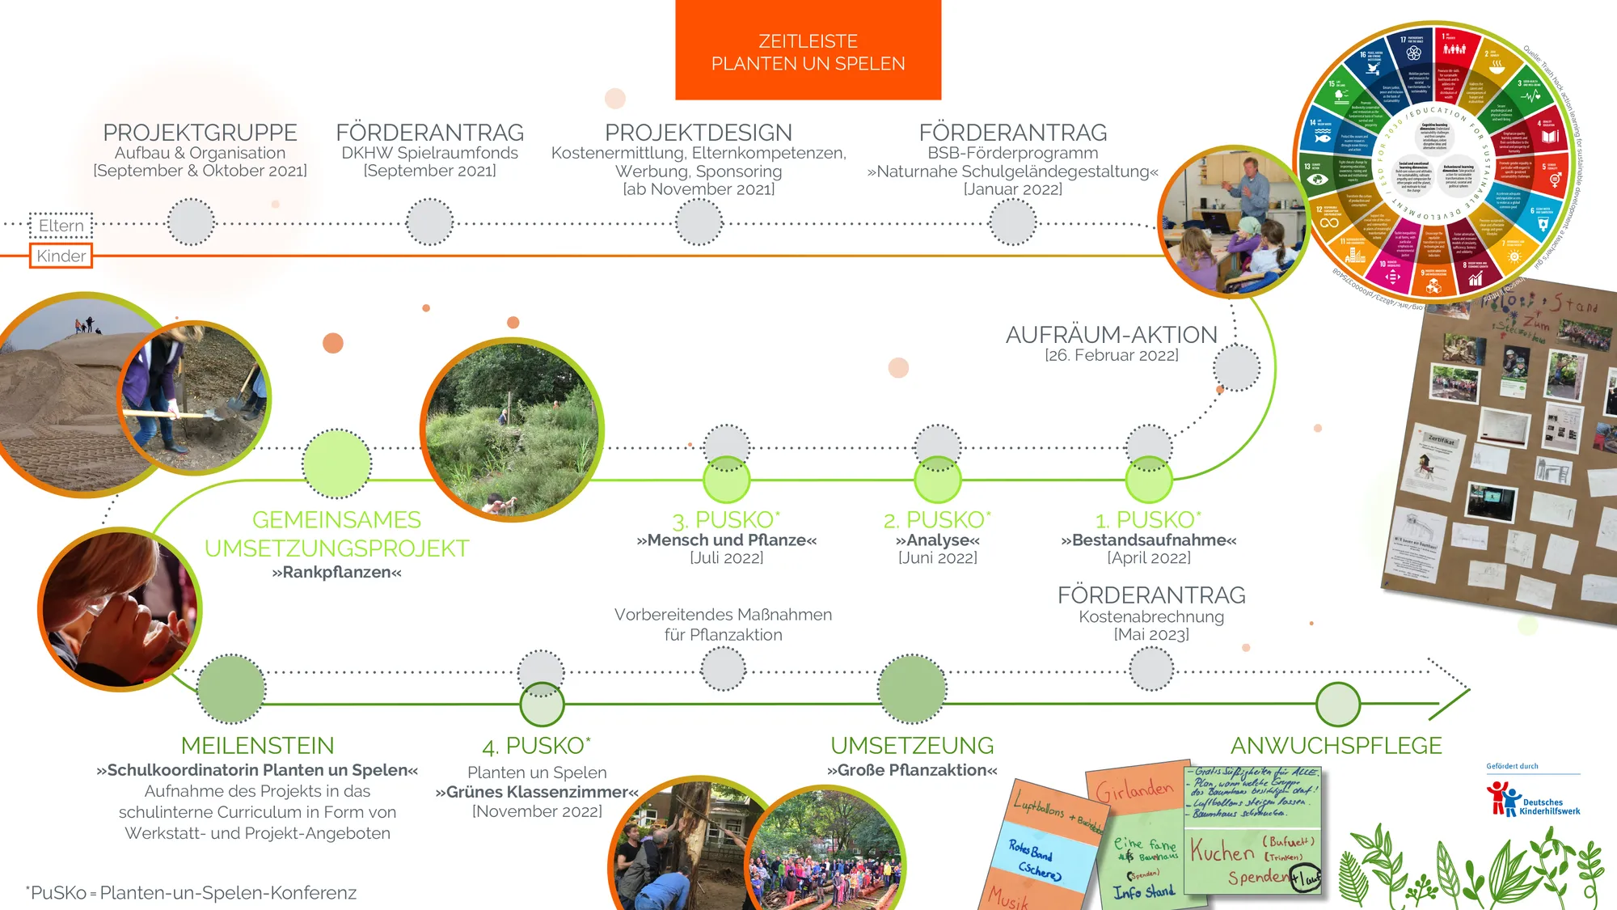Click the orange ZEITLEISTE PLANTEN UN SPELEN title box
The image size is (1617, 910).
(808, 51)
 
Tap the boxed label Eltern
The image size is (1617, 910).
(61, 226)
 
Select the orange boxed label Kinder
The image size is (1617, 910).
(61, 256)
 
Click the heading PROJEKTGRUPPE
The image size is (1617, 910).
(200, 132)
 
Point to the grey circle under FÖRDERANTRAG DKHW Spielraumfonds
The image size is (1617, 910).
(429, 222)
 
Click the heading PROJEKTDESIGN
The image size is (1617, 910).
(699, 132)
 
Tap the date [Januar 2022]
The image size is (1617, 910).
(1012, 189)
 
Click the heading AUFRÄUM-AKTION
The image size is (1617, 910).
(1111, 334)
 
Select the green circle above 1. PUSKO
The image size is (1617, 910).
(1149, 480)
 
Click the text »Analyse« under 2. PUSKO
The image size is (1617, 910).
(937, 540)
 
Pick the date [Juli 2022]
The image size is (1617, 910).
(726, 558)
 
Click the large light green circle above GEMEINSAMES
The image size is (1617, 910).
(336, 463)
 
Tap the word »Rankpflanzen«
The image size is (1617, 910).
(336, 573)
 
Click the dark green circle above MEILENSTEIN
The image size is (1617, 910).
(231, 688)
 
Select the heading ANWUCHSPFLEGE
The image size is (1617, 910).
(1336, 745)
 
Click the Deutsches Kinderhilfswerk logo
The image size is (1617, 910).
(1532, 799)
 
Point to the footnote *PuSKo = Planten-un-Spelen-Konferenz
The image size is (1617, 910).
(191, 893)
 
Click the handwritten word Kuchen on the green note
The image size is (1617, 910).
(1222, 852)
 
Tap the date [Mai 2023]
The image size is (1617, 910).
(1151, 635)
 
